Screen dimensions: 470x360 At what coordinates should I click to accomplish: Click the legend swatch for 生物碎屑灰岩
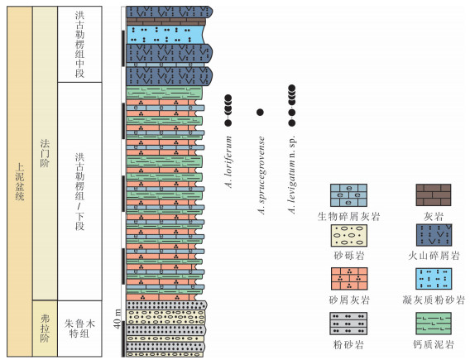pyautogui.click(x=348, y=195)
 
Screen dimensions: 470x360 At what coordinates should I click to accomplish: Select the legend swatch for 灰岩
pyautogui.click(x=433, y=194)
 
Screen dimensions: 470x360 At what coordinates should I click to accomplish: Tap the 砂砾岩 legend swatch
pyautogui.click(x=348, y=236)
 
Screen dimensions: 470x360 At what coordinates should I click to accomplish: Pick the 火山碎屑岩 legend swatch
pyautogui.click(x=434, y=235)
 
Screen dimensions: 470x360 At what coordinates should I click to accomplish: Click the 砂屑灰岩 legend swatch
pyautogui.click(x=349, y=278)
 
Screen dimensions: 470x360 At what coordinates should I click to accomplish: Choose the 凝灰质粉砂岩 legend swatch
pyautogui.click(x=434, y=279)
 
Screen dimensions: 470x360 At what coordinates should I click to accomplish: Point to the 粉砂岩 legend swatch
pyautogui.click(x=348, y=324)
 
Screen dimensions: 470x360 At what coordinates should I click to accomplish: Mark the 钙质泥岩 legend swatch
pyautogui.click(x=434, y=324)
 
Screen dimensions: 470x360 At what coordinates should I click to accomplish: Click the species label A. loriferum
pyautogui.click(x=228, y=162)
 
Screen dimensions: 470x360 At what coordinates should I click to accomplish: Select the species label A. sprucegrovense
pyautogui.click(x=261, y=175)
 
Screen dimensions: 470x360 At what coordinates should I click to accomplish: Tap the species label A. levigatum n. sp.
pyautogui.click(x=291, y=174)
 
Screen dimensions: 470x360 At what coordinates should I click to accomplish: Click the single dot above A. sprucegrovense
pyautogui.click(x=260, y=113)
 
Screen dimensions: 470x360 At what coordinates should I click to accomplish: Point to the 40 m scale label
pyautogui.click(x=117, y=319)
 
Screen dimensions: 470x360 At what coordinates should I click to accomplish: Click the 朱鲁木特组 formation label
pyautogui.click(x=79, y=329)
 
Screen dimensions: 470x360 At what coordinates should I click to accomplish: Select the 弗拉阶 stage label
pyautogui.click(x=45, y=329)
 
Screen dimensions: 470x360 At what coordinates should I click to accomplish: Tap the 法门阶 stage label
pyautogui.click(x=45, y=153)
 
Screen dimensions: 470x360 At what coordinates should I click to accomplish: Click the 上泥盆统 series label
pyautogui.click(x=20, y=181)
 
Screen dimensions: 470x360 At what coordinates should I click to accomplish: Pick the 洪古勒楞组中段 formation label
pyautogui.click(x=79, y=45)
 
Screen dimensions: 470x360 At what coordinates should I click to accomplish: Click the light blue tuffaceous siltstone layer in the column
pyautogui.click(x=165, y=35)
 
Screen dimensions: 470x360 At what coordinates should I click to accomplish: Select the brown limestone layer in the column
pyautogui.click(x=166, y=22)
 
